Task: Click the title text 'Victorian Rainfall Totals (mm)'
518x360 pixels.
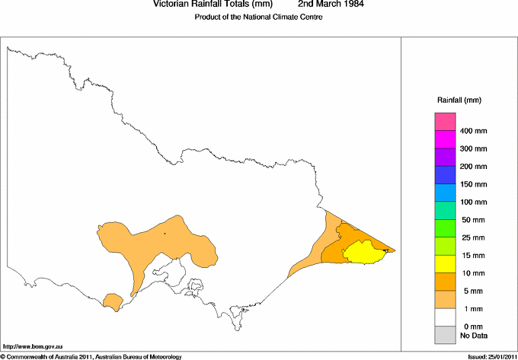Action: [207, 5]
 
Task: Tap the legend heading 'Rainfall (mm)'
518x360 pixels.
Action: [459, 100]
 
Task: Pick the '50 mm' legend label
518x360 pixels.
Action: [474, 220]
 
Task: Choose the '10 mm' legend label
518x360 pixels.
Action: [474, 273]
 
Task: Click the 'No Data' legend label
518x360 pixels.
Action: [474, 335]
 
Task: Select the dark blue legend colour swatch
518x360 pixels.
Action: [445, 175]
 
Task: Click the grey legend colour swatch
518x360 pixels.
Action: [445, 334]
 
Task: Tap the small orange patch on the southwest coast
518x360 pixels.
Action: [113, 301]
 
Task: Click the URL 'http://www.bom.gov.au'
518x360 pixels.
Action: [27, 346]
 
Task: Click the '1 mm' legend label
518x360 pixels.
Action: [474, 309]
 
